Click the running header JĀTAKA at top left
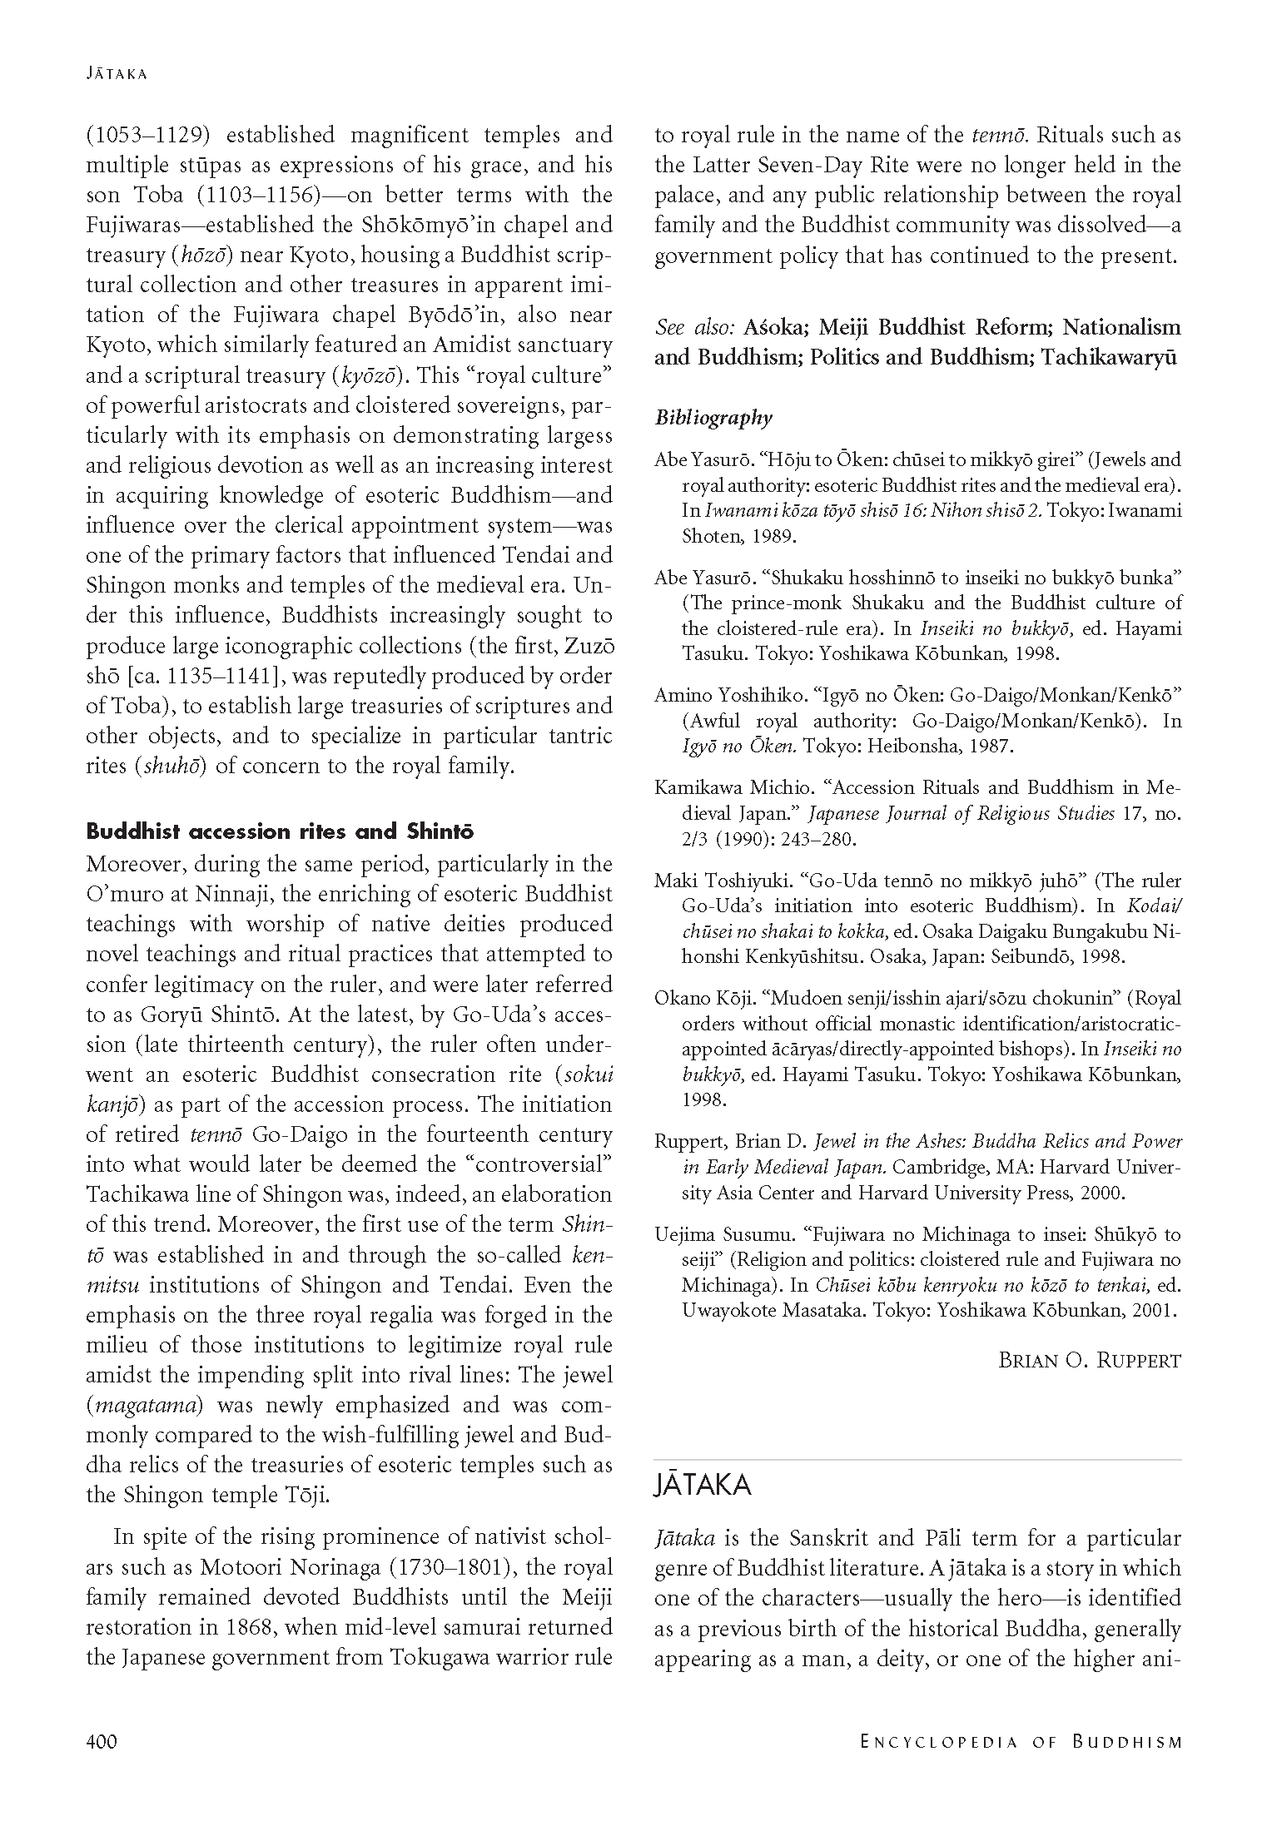click(x=117, y=73)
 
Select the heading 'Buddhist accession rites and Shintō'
click(x=280, y=831)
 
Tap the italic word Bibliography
click(x=713, y=418)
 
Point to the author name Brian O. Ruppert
click(x=1090, y=1361)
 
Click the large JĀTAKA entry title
click(x=703, y=1486)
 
